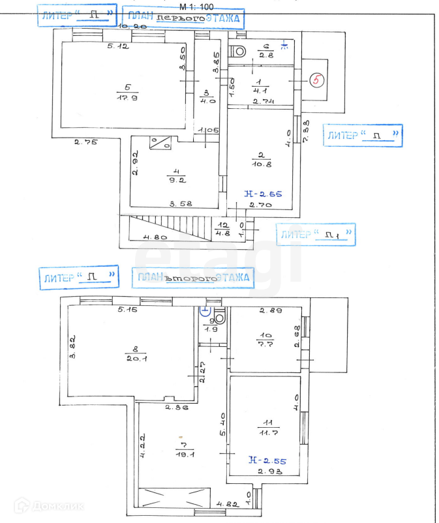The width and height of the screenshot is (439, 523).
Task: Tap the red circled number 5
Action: pyautogui.click(x=316, y=81)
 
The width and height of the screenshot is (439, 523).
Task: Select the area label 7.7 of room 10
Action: pyautogui.click(x=267, y=344)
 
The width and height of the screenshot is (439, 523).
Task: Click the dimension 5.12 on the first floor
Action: pyautogui.click(x=119, y=47)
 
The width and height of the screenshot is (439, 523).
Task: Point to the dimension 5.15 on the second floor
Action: pyautogui.click(x=130, y=309)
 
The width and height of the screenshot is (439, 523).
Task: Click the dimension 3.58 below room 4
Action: pyautogui.click(x=181, y=204)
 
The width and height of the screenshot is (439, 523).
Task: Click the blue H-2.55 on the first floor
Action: pyautogui.click(x=263, y=194)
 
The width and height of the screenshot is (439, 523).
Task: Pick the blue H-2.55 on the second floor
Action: pyautogui.click(x=267, y=460)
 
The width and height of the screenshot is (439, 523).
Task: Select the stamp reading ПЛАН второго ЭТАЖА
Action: pyautogui.click(x=193, y=278)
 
